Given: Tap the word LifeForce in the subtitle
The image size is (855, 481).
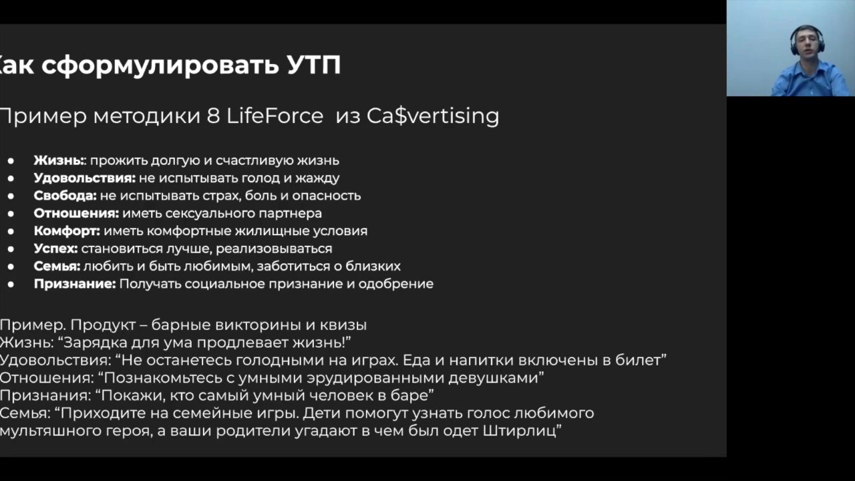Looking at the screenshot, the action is click(x=275, y=116).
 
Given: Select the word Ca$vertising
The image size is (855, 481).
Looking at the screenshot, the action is click(x=433, y=116).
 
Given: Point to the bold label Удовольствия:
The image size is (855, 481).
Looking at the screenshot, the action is click(x=85, y=178).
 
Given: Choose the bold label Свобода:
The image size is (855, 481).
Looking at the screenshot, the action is click(x=65, y=196).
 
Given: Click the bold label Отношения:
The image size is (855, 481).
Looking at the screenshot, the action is click(x=76, y=213).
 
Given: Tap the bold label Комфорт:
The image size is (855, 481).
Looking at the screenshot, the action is click(x=67, y=231).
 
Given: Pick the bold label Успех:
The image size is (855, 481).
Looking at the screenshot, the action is click(x=55, y=249).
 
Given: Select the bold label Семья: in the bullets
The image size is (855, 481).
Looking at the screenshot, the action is click(x=57, y=266).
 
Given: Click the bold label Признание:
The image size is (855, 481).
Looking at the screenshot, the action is click(x=75, y=284).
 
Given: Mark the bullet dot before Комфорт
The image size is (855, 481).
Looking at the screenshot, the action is click(x=11, y=231).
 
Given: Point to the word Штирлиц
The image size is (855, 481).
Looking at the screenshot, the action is click(x=520, y=431).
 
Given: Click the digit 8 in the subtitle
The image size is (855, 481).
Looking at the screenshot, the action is click(x=213, y=116).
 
